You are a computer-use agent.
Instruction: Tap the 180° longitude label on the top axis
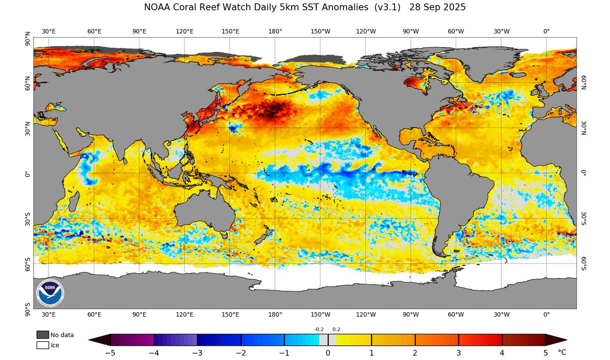coord(275,31)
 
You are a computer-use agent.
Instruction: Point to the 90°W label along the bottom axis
coord(411,314)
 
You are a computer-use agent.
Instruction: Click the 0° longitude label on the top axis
coord(546,31)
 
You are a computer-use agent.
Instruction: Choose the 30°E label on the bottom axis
coord(49,314)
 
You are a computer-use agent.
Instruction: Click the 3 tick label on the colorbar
coord(459,352)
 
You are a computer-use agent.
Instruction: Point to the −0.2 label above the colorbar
coord(319,329)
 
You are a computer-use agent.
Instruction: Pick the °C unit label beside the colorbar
coord(562,352)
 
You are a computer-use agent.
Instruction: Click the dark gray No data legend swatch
coord(43,335)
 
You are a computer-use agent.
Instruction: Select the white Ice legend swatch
coord(43,345)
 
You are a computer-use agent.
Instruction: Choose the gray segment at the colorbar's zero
coord(328,340)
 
